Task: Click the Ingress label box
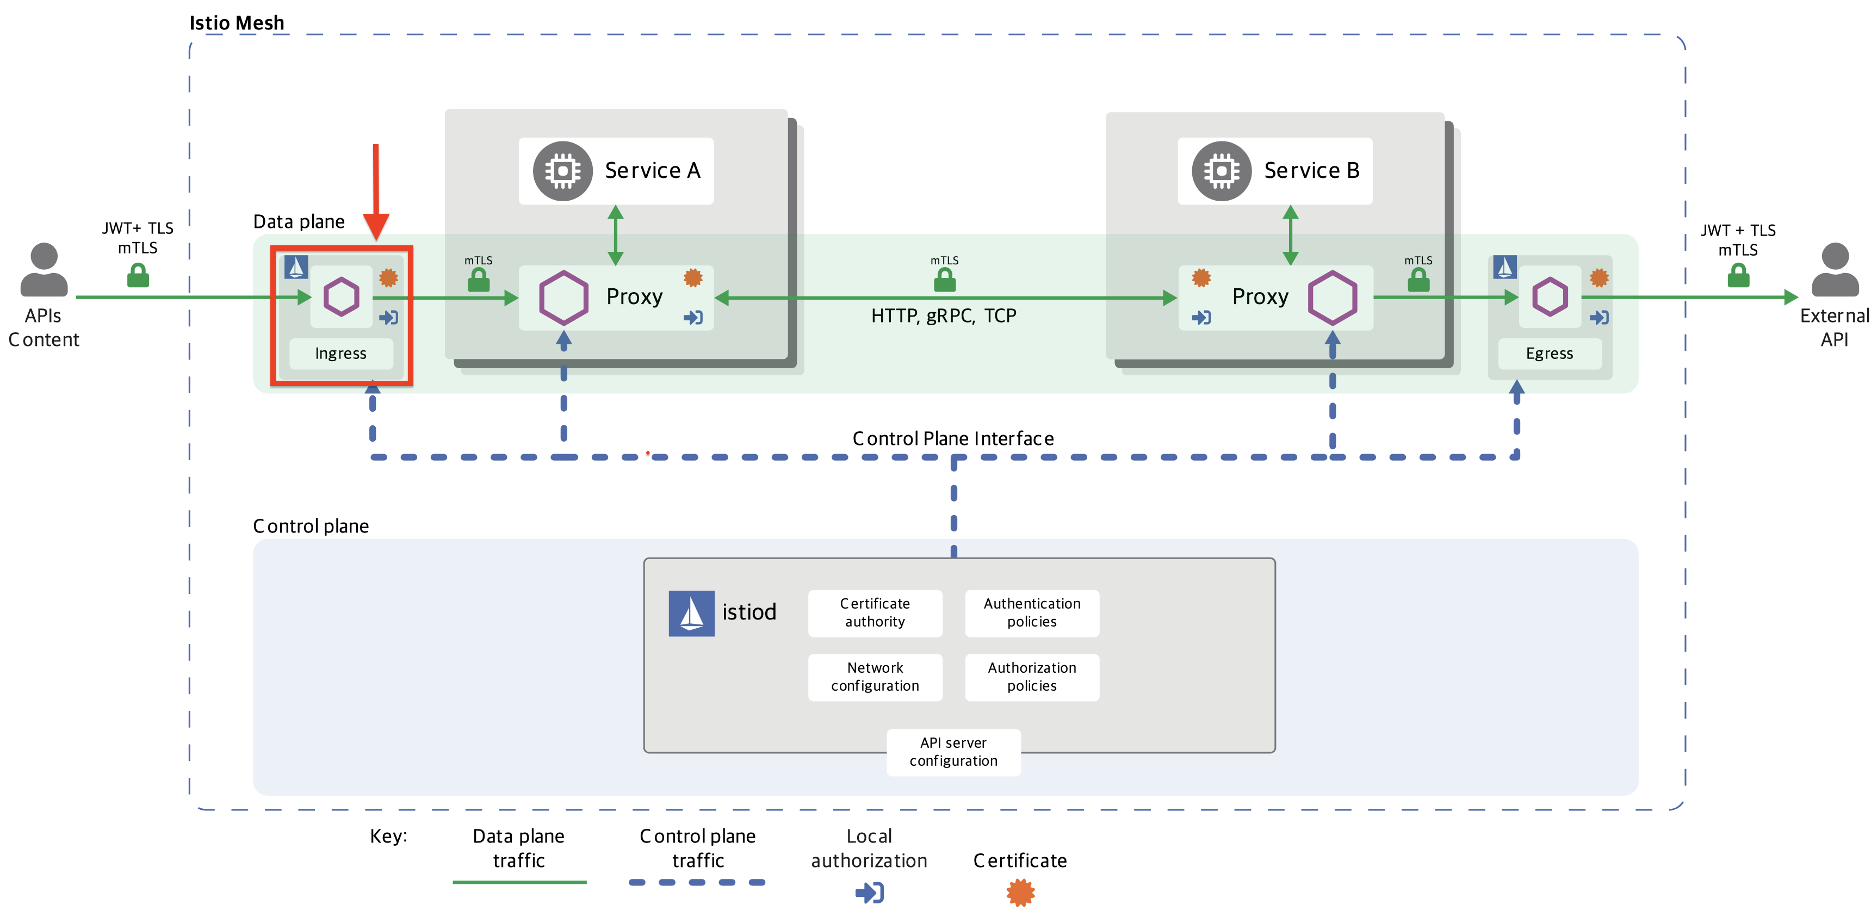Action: coord(340,354)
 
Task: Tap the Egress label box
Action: coord(1549,354)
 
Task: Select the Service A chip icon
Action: coord(563,171)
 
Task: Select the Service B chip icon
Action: coord(1222,171)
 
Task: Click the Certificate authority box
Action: coord(875,613)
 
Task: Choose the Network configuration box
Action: coord(875,677)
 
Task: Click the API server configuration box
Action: coord(953,752)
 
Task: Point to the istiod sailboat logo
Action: coord(691,613)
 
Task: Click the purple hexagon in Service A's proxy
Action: coord(563,298)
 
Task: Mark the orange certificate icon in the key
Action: coord(1020,893)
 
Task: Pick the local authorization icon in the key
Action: coord(869,893)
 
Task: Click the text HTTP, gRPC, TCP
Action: coord(944,316)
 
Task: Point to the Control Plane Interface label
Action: coord(953,438)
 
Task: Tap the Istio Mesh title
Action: coord(237,23)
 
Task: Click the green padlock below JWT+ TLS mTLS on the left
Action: coord(138,275)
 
